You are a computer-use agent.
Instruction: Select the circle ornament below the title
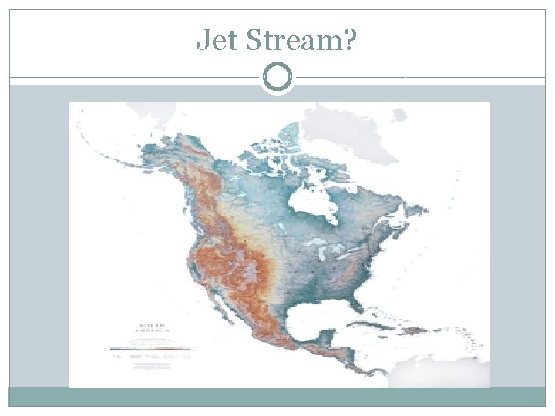(x=277, y=77)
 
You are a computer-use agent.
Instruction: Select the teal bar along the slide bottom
(x=277, y=397)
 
